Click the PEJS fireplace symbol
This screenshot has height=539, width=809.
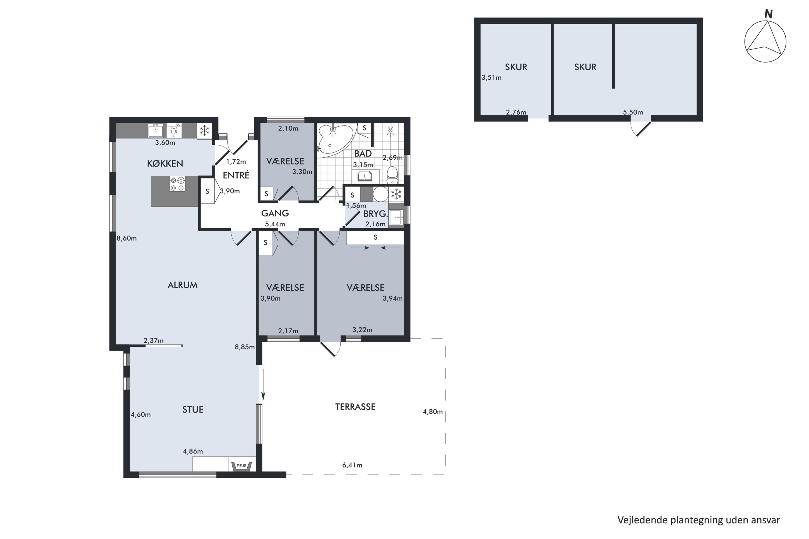point(241,466)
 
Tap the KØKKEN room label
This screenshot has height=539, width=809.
point(165,164)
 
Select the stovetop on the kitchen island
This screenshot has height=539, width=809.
point(177,184)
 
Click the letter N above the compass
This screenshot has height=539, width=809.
point(768,14)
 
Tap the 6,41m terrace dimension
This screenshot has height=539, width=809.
point(352,465)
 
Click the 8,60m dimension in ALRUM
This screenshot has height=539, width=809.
point(126,238)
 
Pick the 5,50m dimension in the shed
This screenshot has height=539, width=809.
point(633,112)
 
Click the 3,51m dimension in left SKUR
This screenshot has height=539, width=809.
point(491,78)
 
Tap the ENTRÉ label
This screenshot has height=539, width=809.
point(236,175)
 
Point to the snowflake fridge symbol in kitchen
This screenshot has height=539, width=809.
point(204,131)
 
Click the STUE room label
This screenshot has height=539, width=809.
point(193,409)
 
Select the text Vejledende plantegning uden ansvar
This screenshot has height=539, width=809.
point(698,520)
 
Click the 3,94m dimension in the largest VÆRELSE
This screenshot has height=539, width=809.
point(392,298)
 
